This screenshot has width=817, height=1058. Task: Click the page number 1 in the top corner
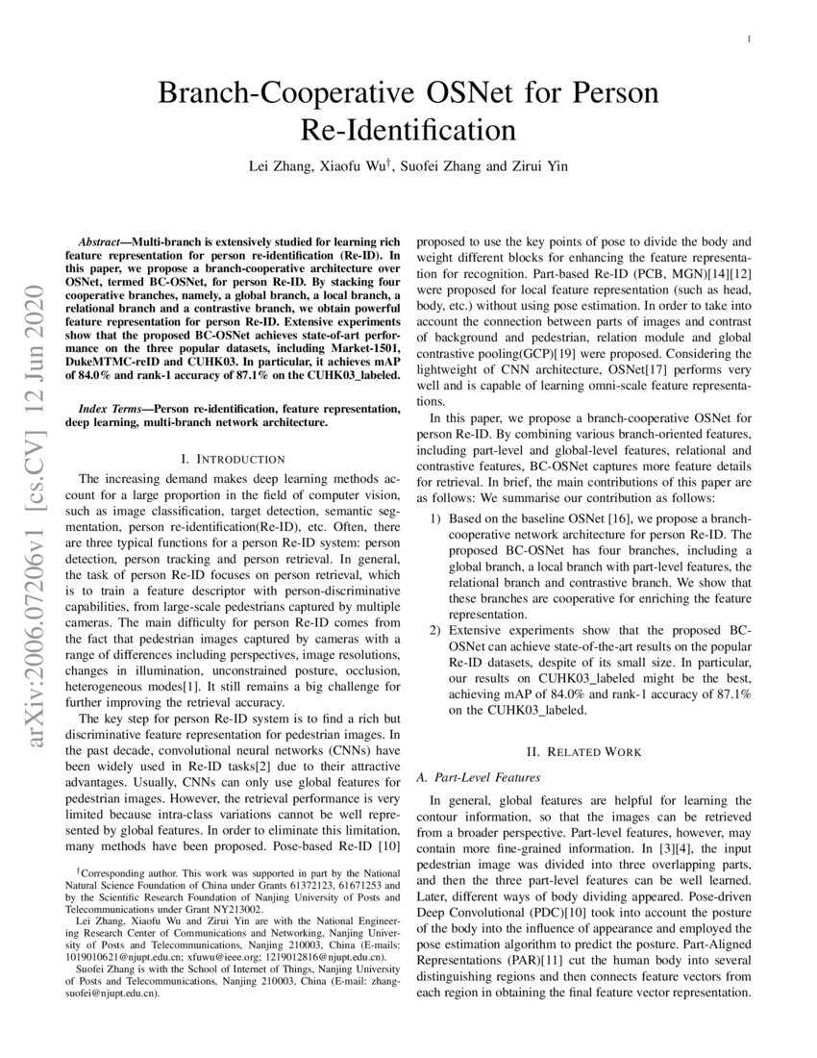pos(748,39)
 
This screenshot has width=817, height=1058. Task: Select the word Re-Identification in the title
pos(408,129)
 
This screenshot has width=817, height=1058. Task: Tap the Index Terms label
pos(114,409)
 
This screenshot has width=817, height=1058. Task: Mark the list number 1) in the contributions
pos(435,517)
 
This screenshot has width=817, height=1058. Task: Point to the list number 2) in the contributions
pos(435,629)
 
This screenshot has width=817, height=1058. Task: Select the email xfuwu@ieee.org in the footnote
pos(212,957)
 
